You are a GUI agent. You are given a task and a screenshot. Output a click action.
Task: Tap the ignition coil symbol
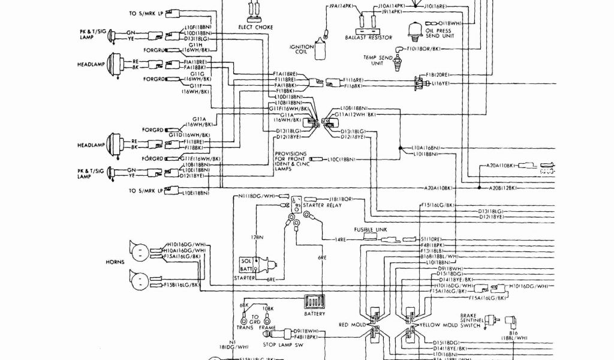(x=321, y=52)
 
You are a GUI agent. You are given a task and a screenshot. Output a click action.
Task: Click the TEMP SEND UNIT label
(x=377, y=60)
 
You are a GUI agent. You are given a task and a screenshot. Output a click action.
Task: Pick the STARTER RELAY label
(x=321, y=205)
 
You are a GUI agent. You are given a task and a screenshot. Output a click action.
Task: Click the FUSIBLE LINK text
(x=367, y=229)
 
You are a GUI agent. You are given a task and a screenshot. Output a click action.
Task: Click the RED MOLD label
(x=352, y=325)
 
